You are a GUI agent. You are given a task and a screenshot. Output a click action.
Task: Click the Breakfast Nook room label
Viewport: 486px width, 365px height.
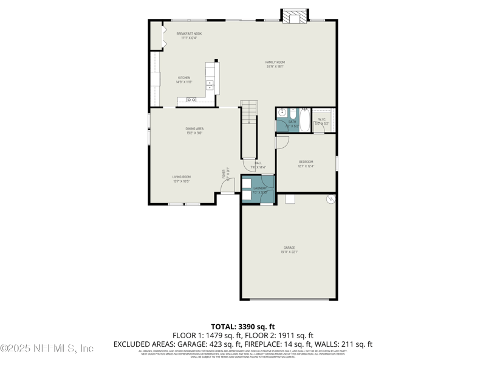click(189, 35)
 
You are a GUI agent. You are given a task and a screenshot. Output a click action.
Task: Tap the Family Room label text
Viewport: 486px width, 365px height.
click(275, 64)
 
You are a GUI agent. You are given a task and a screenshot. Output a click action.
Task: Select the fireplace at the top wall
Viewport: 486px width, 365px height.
click(295, 18)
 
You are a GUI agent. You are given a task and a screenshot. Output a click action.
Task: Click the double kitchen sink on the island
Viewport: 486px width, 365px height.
click(191, 100)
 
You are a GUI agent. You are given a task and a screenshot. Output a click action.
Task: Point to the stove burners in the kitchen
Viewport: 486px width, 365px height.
click(210, 85)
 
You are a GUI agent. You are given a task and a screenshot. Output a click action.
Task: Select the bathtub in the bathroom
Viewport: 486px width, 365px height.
click(304, 119)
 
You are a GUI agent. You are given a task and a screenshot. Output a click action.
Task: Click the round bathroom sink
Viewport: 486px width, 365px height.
click(282, 113)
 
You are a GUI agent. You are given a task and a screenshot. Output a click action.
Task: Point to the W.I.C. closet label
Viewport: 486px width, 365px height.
click(322, 121)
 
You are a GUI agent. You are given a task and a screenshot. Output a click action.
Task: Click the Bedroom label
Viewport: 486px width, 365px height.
click(306, 164)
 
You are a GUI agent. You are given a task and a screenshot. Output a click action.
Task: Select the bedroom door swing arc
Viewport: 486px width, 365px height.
click(282, 143)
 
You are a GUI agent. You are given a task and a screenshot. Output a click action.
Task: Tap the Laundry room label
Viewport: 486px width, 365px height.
click(259, 190)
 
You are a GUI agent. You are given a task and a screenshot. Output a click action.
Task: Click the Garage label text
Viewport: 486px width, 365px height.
click(289, 249)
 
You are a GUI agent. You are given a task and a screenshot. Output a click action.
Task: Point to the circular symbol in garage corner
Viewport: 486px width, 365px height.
click(330, 199)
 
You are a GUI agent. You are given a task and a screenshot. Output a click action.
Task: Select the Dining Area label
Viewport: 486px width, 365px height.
click(194, 130)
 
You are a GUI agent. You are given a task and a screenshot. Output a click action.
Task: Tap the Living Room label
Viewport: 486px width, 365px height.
click(182, 179)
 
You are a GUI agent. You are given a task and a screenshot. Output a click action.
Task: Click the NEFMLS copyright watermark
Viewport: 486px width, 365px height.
click(47, 348)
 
